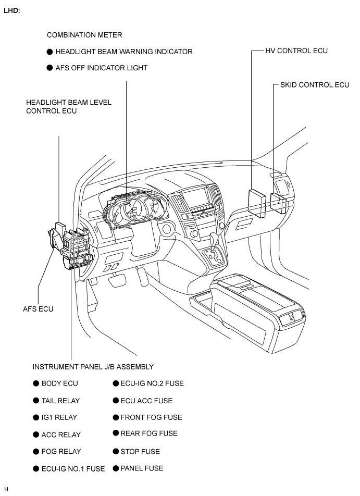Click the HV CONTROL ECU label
click(x=296, y=51)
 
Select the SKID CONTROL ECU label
click(x=315, y=85)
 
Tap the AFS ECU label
click(x=38, y=309)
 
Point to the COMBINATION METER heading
click(x=84, y=35)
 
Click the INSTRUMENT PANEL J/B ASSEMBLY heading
click(x=93, y=367)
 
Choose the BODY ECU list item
click(x=59, y=383)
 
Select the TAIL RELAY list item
click(x=60, y=401)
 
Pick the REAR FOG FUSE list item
click(x=149, y=433)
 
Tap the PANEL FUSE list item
click(x=142, y=468)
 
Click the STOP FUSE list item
click(x=140, y=451)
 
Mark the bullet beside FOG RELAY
click(x=36, y=451)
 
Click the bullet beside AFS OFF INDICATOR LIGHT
click(x=49, y=68)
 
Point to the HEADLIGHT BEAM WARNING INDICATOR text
click(x=124, y=52)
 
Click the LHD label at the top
click(x=11, y=10)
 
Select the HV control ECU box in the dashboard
click(x=257, y=203)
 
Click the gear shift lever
click(x=216, y=241)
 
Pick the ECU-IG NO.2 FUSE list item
click(x=152, y=383)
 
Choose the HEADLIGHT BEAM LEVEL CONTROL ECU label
click(x=69, y=107)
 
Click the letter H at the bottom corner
click(x=6, y=489)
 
